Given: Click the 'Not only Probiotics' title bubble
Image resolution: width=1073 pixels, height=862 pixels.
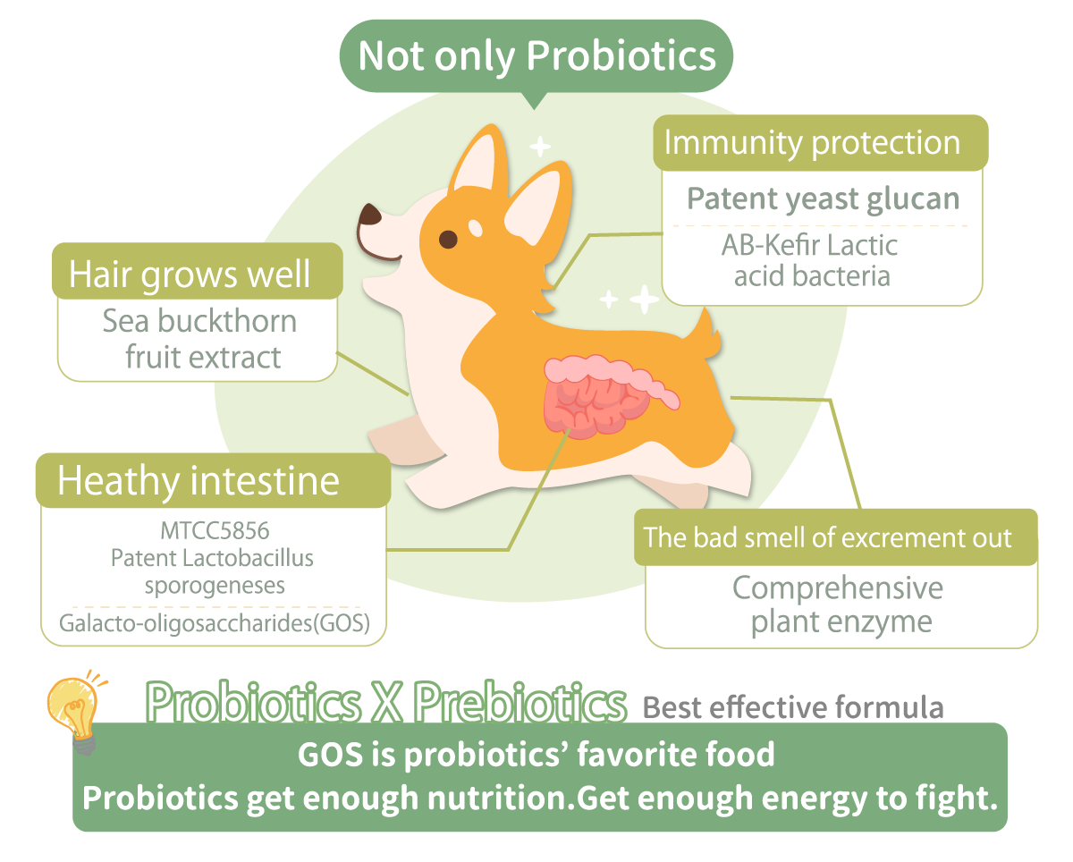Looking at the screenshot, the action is [x=536, y=55].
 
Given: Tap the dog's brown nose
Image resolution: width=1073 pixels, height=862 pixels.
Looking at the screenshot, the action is [x=370, y=215].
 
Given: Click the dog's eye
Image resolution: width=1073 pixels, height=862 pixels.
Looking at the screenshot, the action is [x=448, y=240].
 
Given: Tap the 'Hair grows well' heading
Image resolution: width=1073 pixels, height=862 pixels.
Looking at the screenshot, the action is [x=190, y=275].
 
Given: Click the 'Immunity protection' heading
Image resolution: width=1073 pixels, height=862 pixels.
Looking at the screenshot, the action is [x=812, y=143].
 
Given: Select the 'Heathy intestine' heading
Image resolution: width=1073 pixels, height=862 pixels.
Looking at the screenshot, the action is [x=199, y=480].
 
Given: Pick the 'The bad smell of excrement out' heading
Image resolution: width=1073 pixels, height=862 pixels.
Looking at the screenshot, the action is [x=828, y=537].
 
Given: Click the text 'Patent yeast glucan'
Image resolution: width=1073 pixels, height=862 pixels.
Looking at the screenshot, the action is [x=824, y=199].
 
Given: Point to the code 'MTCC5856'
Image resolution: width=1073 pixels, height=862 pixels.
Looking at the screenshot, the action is [x=215, y=530].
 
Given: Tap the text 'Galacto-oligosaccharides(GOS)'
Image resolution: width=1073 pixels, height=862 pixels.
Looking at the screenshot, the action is [x=215, y=623].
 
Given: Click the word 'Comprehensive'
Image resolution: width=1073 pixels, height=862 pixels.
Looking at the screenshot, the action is [x=838, y=588].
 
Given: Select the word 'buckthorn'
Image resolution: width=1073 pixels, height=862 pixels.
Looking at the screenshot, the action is [x=227, y=321].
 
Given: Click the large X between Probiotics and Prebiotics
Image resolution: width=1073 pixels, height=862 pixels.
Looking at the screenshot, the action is [x=387, y=703].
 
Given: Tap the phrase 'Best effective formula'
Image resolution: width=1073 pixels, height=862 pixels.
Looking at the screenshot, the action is [x=793, y=707].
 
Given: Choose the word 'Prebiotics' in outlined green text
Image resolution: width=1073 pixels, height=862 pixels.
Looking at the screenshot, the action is [x=520, y=702].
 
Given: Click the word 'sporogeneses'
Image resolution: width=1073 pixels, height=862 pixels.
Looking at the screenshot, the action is [x=215, y=586].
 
